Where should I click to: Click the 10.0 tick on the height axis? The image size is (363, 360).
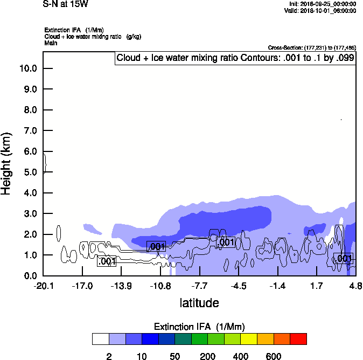pyautogui.click(x=27, y=68)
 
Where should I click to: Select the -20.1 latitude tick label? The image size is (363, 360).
pyautogui.click(x=43, y=286)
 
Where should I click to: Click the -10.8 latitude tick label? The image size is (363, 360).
pyautogui.click(x=160, y=286)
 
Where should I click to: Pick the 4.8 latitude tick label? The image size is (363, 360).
pyautogui.click(x=355, y=286)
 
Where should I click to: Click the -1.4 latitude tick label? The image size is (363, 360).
pyautogui.click(x=277, y=286)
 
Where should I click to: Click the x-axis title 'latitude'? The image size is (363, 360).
pyautogui.click(x=199, y=303)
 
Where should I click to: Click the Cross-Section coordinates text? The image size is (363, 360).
pyautogui.click(x=312, y=48)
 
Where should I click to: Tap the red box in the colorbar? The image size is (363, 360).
pyautogui.click(x=298, y=339)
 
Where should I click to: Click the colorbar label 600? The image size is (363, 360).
pyautogui.click(x=274, y=356)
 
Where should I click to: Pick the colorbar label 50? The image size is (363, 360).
pyautogui.click(x=175, y=356)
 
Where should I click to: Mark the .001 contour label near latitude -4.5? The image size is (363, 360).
pyautogui.click(x=226, y=243)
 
